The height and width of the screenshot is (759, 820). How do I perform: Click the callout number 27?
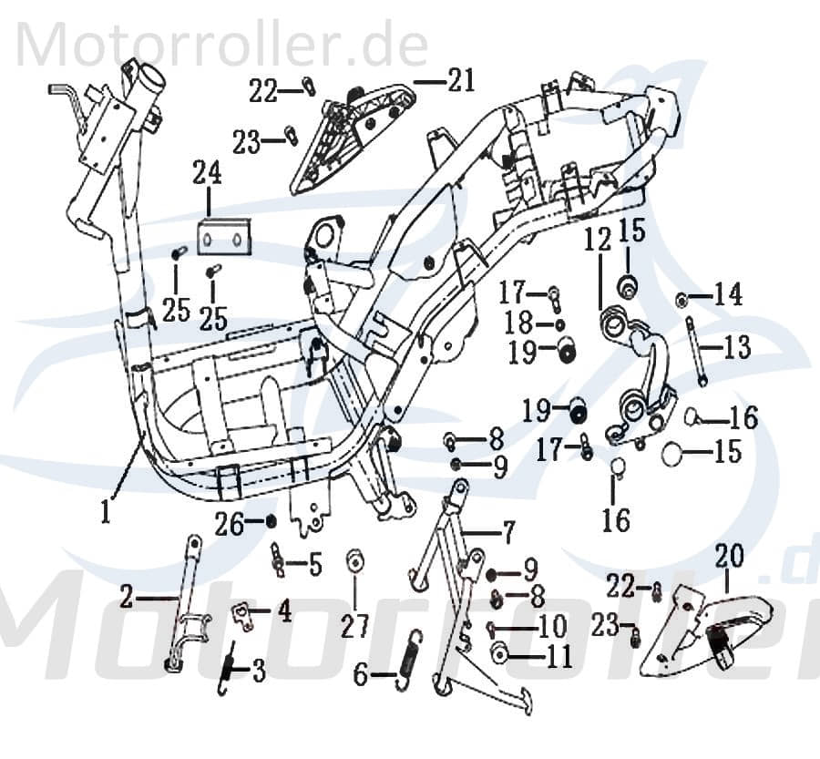click(355, 627)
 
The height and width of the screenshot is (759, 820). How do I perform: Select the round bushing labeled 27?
click(354, 561)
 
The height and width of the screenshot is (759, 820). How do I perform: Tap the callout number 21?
click(461, 82)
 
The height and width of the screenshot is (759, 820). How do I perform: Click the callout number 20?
click(729, 555)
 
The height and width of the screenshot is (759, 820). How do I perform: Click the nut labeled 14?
click(681, 298)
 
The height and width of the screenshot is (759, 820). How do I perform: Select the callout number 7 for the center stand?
click(507, 531)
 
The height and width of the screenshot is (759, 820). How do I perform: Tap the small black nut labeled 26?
click(272, 521)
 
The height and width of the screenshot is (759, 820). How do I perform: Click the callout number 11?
click(559, 655)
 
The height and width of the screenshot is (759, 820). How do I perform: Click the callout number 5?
click(314, 565)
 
